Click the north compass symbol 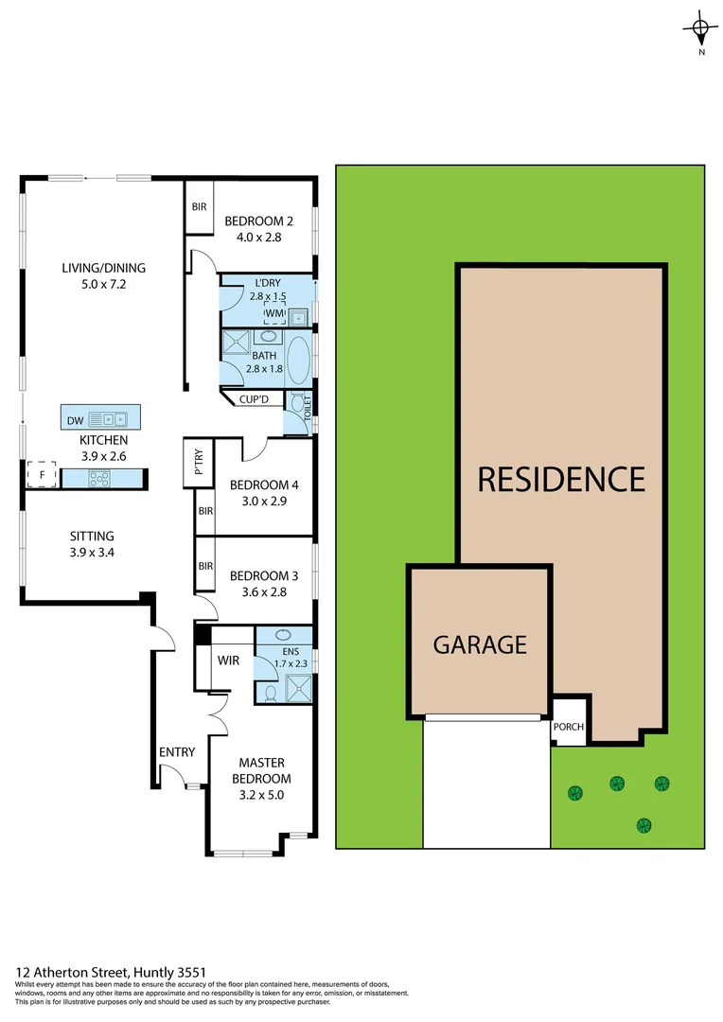click(x=700, y=32)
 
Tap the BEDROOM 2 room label click(x=258, y=221)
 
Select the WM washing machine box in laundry click(x=274, y=313)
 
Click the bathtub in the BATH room click(x=298, y=357)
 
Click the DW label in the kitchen click(x=75, y=420)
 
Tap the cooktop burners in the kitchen click(x=99, y=479)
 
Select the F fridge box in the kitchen click(x=42, y=473)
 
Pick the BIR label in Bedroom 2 click(x=199, y=207)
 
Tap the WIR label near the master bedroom click(x=229, y=660)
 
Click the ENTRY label click(x=177, y=752)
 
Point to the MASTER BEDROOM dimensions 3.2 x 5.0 click(x=262, y=795)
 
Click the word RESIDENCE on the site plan click(x=561, y=479)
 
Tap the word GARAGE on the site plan click(x=480, y=644)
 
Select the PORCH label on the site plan click(x=569, y=727)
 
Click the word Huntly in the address click(x=159, y=972)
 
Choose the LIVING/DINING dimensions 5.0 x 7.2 click(x=104, y=284)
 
